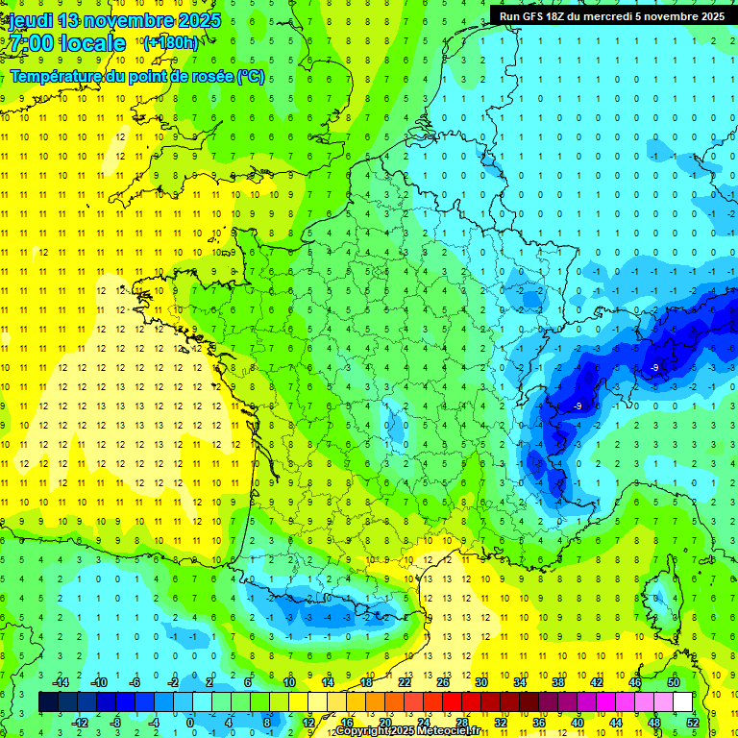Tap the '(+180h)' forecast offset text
[171, 42]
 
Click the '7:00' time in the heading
[32, 43]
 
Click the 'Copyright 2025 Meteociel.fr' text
[409, 731]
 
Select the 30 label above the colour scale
[480, 682]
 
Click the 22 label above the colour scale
[404, 682]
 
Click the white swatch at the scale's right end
[682, 702]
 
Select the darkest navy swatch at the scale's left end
[48, 702]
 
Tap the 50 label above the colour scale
[673, 682]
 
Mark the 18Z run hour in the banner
[565, 16]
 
